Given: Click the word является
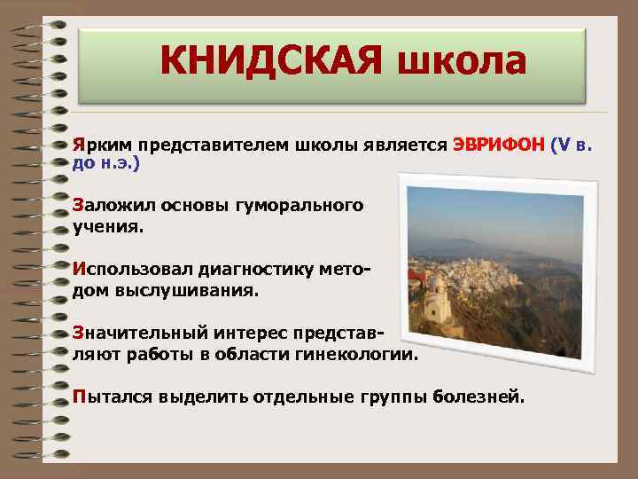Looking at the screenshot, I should point(404,145).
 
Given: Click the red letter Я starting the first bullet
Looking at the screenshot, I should point(78,145).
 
